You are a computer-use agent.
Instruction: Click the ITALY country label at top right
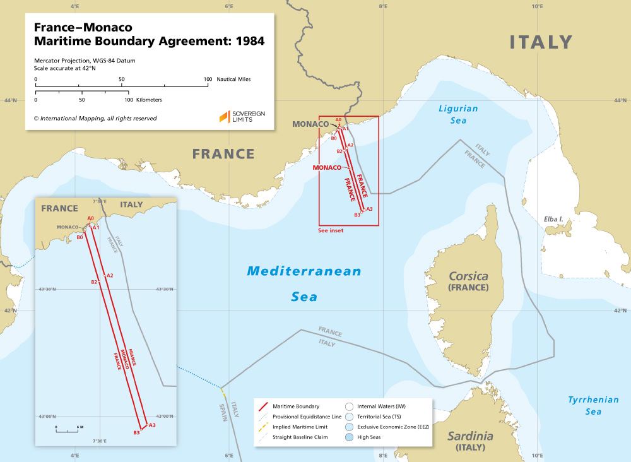click(x=541, y=42)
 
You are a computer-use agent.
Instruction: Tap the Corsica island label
click(x=468, y=276)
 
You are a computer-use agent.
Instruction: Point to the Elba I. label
click(x=553, y=220)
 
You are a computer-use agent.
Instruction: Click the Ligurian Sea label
click(x=458, y=114)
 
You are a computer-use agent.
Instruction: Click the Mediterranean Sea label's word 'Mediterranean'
click(x=304, y=271)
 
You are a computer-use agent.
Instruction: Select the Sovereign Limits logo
click(x=242, y=116)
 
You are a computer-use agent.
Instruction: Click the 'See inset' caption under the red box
click(x=331, y=231)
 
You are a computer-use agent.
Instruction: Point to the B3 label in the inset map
click(x=136, y=432)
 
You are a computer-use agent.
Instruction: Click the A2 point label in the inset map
click(x=110, y=276)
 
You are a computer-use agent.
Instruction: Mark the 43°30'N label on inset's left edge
click(x=47, y=289)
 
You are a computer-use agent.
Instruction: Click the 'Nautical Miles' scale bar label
click(x=233, y=80)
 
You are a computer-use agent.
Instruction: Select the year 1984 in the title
click(x=243, y=42)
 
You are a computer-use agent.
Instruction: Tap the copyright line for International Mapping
click(x=95, y=118)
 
